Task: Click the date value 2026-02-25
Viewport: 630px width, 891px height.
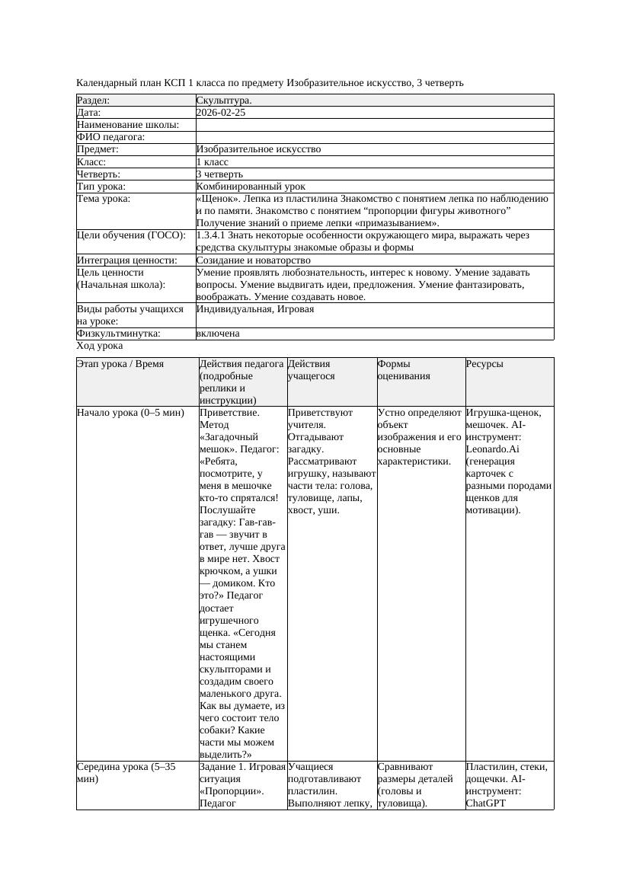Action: click(x=220, y=113)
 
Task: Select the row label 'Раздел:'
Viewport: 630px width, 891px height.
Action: click(x=94, y=101)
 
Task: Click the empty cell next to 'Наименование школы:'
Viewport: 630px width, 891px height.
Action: click(x=374, y=125)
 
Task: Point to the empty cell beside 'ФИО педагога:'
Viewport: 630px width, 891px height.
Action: click(x=374, y=137)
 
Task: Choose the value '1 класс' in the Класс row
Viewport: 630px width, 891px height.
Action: click(x=213, y=162)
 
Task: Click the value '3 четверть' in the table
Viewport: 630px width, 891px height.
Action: click(x=219, y=174)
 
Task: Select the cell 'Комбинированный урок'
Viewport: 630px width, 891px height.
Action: click(x=251, y=187)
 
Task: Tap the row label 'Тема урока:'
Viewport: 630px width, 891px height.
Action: click(x=104, y=199)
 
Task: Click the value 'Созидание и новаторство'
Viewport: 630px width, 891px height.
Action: click(x=253, y=260)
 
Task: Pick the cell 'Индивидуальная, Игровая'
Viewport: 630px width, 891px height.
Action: click(x=254, y=309)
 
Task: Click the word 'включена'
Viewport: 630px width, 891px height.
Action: click(x=218, y=334)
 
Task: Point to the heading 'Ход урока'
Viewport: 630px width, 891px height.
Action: click(x=100, y=346)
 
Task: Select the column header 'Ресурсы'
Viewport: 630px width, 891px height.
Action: click(x=484, y=364)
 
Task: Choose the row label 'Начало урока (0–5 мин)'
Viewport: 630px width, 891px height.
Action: click(x=130, y=413)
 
